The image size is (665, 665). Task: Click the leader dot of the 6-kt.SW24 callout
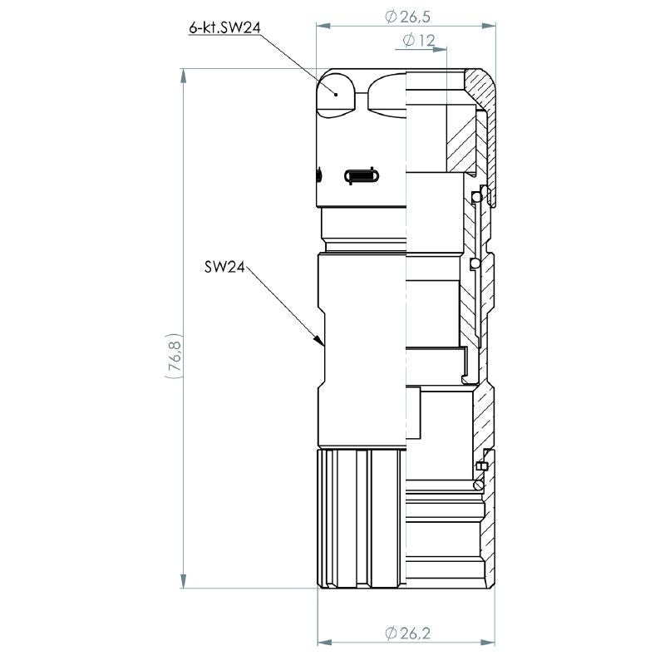click(x=336, y=93)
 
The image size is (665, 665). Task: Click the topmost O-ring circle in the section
click(x=475, y=196)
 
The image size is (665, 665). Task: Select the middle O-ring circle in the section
click(x=474, y=264)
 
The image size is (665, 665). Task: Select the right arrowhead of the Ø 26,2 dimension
click(x=493, y=643)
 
